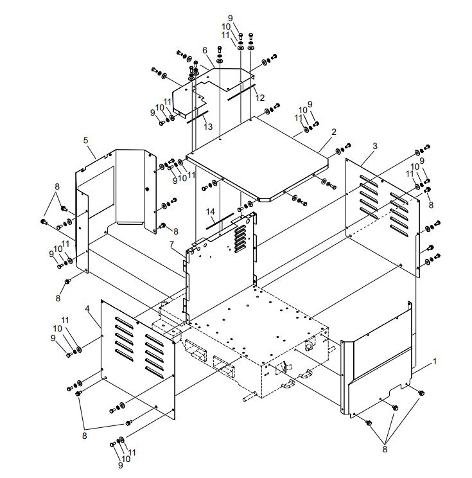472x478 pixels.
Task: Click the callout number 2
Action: [333, 132]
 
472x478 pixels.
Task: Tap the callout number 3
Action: [375, 146]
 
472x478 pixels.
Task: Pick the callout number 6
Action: [204, 50]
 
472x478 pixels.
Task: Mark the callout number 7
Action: [172, 245]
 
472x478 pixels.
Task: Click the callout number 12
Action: [259, 98]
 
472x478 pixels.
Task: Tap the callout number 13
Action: [207, 127]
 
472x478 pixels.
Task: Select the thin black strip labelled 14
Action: [220, 221]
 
